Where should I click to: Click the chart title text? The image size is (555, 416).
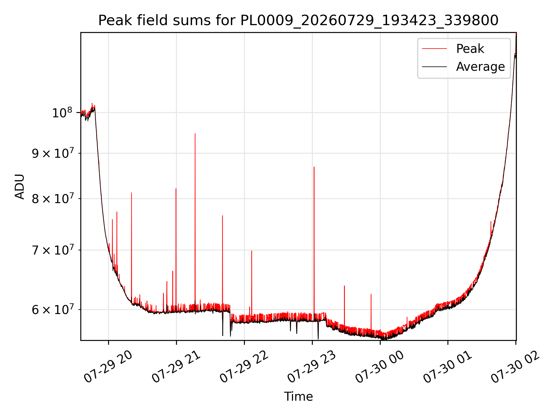298,21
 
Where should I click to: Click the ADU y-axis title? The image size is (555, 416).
20,186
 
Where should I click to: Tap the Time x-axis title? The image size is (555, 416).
298,397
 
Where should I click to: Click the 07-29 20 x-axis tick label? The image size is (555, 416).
108,367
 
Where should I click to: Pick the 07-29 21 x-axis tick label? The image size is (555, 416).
176,367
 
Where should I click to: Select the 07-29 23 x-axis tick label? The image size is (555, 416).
312,367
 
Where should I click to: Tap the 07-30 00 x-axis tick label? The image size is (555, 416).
380,367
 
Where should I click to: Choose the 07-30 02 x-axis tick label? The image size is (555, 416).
515,367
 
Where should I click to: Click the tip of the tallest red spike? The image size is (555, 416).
195,133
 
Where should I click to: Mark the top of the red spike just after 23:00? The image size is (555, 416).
314,167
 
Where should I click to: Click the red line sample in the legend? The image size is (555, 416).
434,49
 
